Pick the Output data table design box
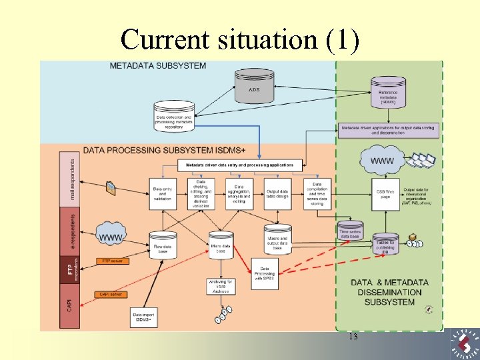(278, 193)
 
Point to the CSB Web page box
(385, 194)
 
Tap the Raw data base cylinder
(163, 243)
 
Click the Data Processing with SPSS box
(264, 272)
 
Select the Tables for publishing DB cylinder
(385, 244)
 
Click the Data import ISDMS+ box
(142, 318)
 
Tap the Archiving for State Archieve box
(221, 287)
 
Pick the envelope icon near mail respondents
(111, 189)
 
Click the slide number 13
(353, 337)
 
